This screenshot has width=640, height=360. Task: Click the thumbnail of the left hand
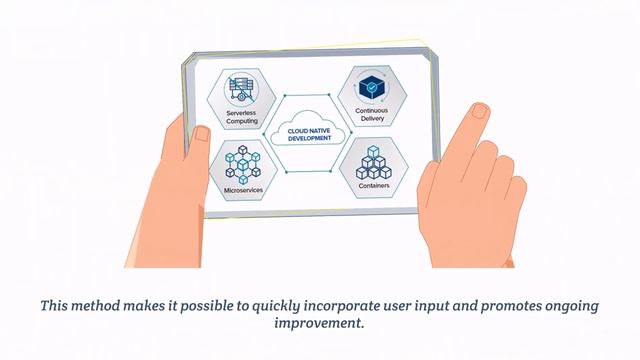tap(202, 135)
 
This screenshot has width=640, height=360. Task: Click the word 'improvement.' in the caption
tap(319, 324)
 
